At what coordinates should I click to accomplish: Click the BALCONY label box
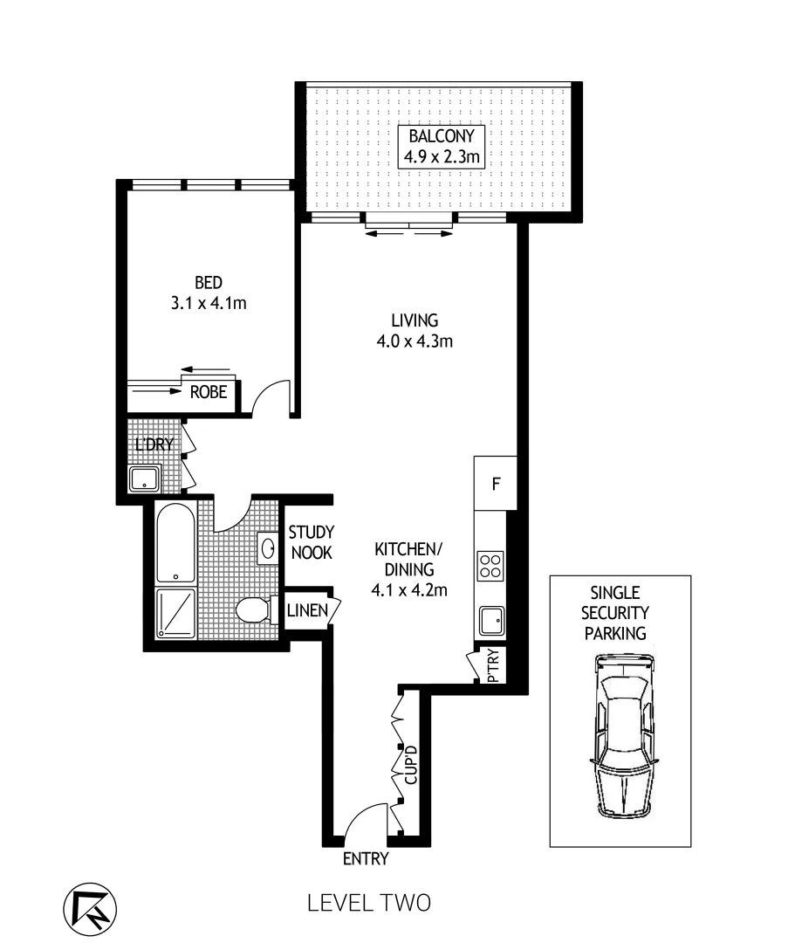(x=441, y=147)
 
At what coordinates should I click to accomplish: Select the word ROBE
(x=209, y=394)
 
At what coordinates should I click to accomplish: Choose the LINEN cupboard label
(x=306, y=610)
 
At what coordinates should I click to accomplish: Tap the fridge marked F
(x=495, y=484)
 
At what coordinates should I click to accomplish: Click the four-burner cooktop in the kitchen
(x=490, y=566)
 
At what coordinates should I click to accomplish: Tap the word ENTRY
(x=365, y=859)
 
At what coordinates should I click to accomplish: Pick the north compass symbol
(x=89, y=905)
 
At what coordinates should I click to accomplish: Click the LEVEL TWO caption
(x=369, y=903)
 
